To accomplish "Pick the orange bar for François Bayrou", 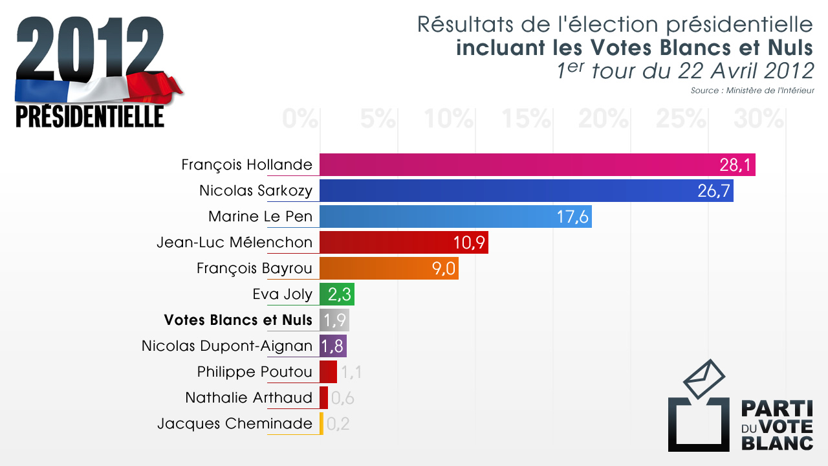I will coord(375,268).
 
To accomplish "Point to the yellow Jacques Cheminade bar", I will coord(321,423).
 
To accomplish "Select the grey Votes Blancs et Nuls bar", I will coord(334,320).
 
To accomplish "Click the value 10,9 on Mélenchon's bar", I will coord(469,243).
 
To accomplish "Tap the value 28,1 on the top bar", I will coord(735,165).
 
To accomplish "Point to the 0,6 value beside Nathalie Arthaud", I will coord(342,398).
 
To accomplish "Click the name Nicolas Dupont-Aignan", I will coord(227,346).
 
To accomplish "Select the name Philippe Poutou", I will coord(255,372).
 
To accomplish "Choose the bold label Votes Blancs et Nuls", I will coord(238,320).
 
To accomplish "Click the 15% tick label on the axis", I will coord(527,118).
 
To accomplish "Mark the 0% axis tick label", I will coord(300,118).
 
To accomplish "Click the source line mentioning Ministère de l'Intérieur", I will coord(752,91).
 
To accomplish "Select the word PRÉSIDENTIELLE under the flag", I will coord(90,116).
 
